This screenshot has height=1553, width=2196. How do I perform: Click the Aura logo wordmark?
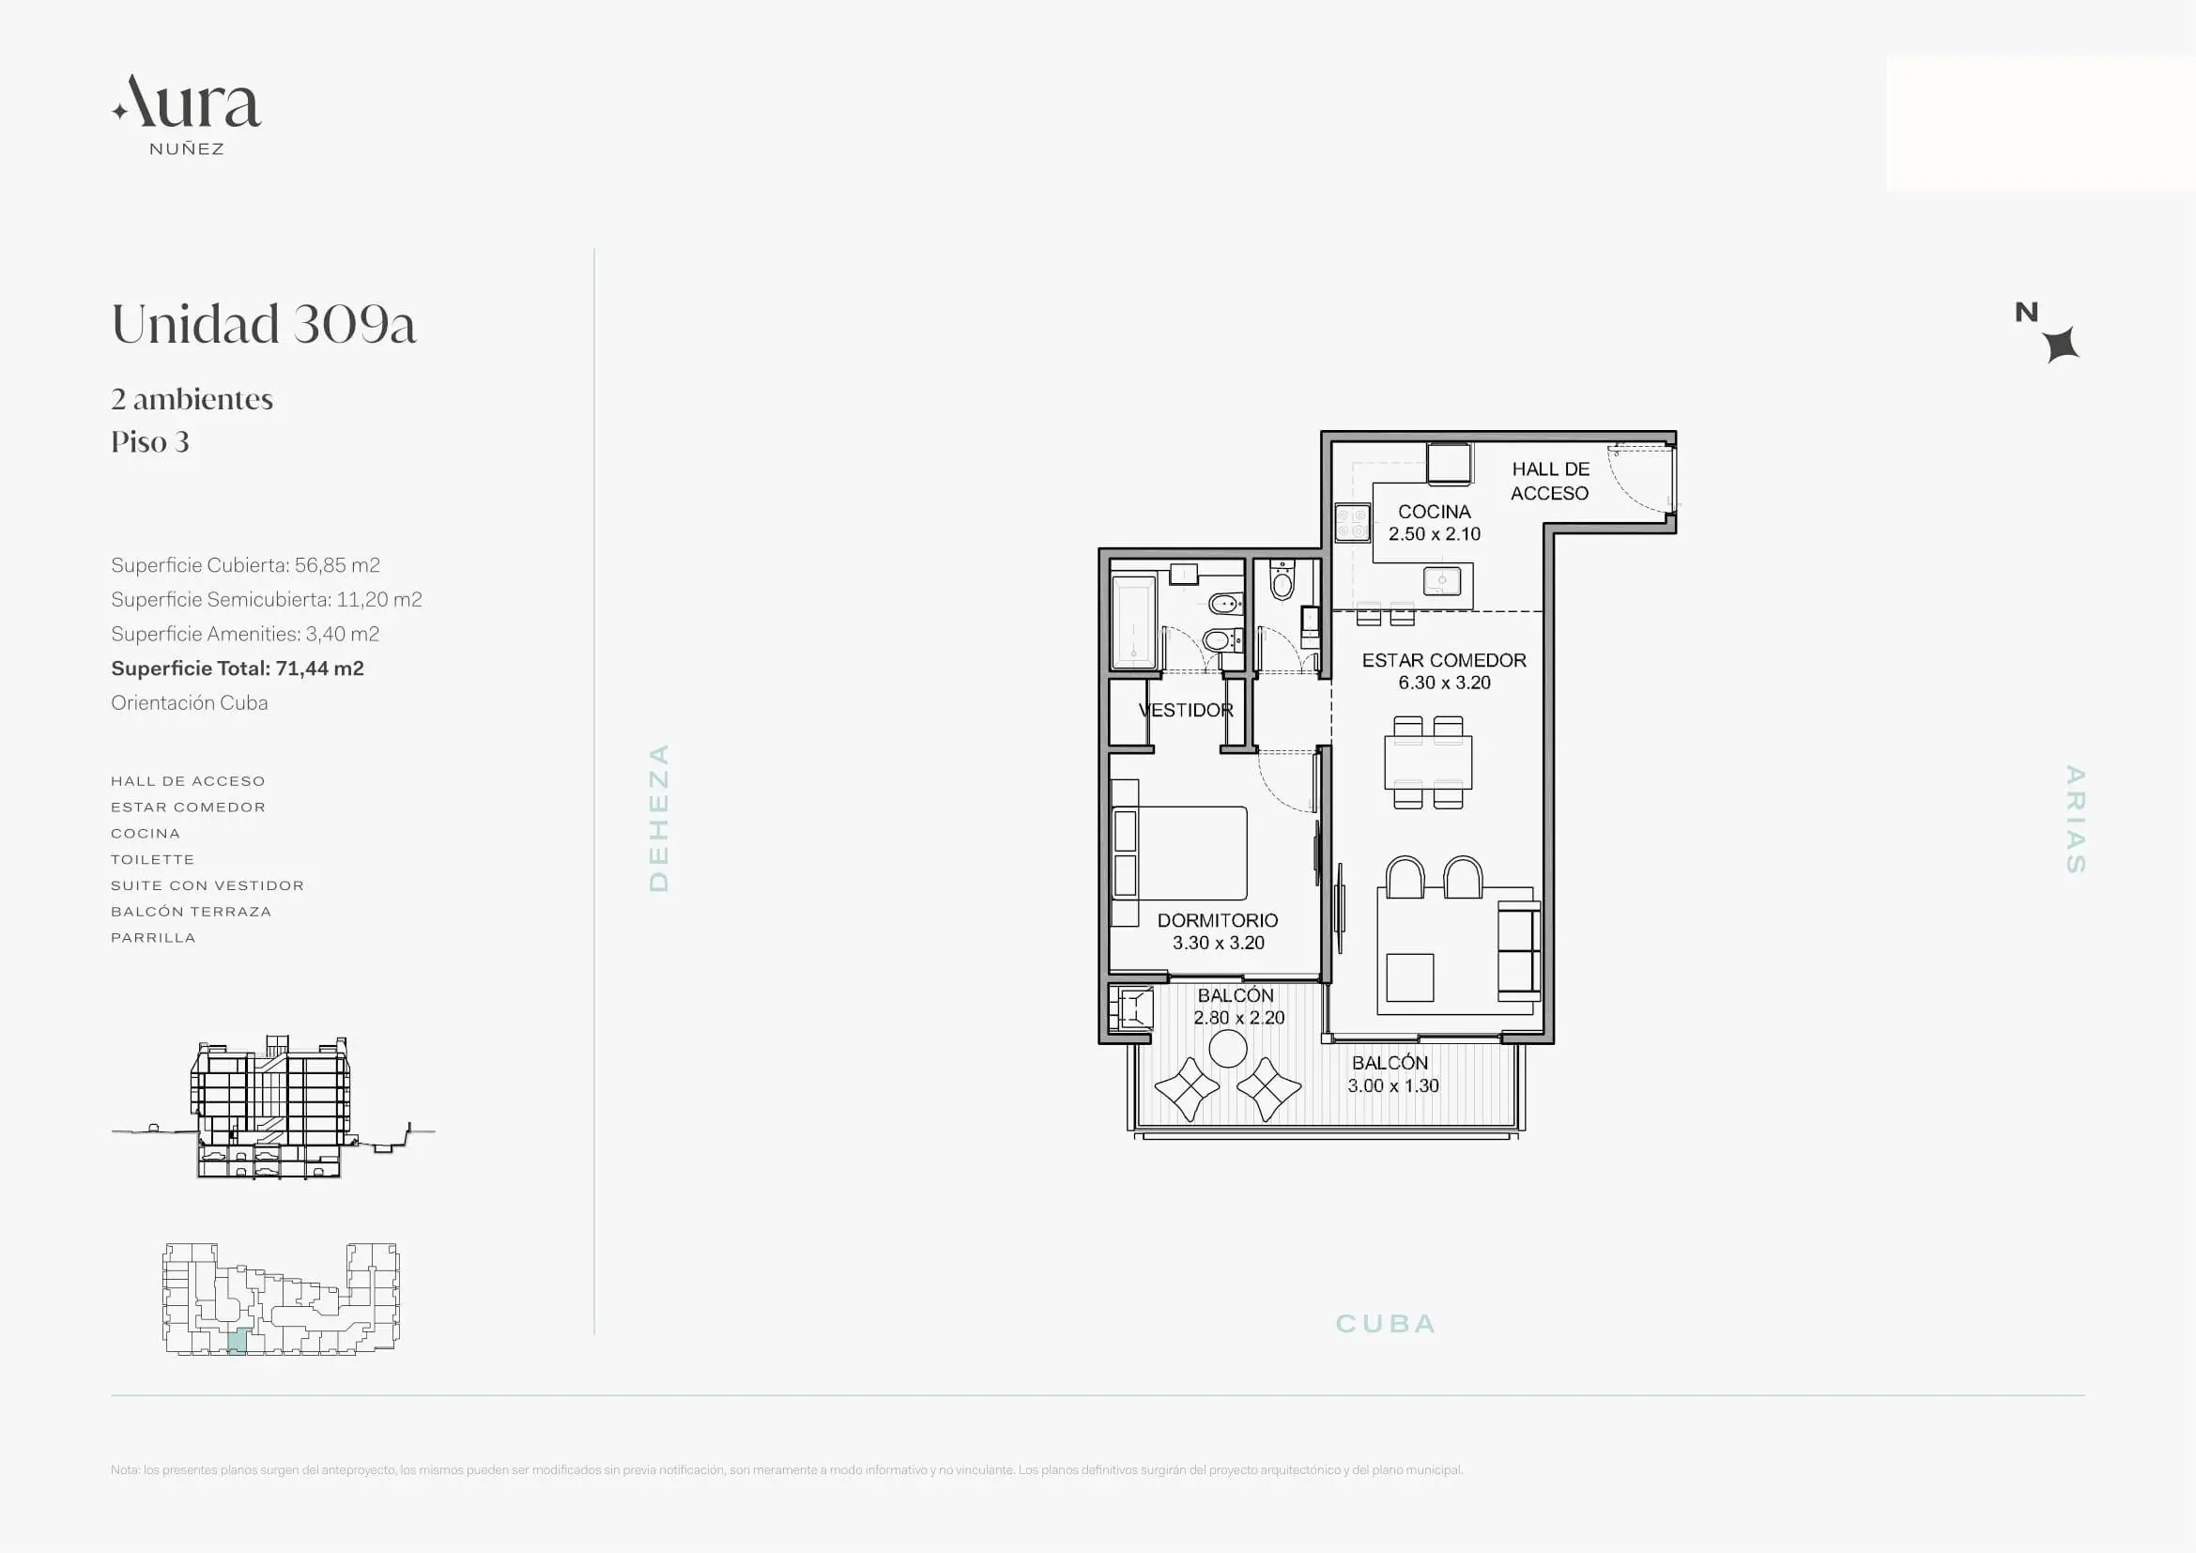(187, 102)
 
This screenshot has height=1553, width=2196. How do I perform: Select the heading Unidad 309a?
(264, 323)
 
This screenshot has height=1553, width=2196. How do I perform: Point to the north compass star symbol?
(2061, 345)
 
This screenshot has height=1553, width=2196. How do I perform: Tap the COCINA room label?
(1434, 512)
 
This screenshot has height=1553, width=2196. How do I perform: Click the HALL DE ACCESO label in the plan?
(1550, 481)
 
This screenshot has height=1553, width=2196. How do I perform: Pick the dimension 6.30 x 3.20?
(1444, 683)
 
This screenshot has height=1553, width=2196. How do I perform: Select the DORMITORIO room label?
(1218, 920)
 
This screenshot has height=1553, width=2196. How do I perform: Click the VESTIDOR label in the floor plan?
(1186, 710)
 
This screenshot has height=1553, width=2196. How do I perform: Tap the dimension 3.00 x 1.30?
(1392, 1085)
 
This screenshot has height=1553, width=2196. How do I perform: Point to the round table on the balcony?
(1228, 1049)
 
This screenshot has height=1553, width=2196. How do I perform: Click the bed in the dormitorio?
(1179, 853)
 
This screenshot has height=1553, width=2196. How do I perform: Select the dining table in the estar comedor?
(1428, 762)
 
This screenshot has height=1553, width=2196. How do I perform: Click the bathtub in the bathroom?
(1134, 620)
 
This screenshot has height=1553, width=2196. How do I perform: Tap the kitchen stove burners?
(1352, 523)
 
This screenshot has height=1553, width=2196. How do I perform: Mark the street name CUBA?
(1386, 1324)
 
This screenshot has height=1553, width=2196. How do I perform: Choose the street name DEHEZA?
(659, 818)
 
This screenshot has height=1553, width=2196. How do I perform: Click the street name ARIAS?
(2075, 819)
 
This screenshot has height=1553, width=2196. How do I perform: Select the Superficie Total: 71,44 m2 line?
(238, 669)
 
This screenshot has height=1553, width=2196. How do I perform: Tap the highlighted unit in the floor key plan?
(238, 1341)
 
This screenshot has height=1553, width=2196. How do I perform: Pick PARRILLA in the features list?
(153, 938)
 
